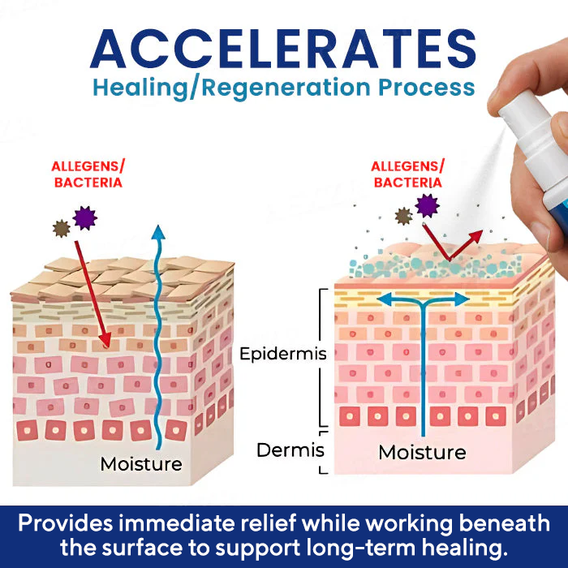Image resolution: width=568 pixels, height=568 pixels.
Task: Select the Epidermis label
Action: (282, 354)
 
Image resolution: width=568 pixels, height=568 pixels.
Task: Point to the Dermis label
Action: (290, 450)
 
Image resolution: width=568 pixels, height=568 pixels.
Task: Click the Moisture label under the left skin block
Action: (141, 464)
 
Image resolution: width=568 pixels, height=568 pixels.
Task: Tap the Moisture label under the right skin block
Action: (422, 452)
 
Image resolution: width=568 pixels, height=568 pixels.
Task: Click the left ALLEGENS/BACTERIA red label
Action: (88, 174)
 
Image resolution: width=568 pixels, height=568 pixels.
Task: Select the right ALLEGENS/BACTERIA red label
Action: (408, 174)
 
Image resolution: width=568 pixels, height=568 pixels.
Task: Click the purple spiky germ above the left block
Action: (84, 217)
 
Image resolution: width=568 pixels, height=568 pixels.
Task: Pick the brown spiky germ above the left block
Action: (61, 228)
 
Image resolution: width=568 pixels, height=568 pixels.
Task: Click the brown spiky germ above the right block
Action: (403, 217)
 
